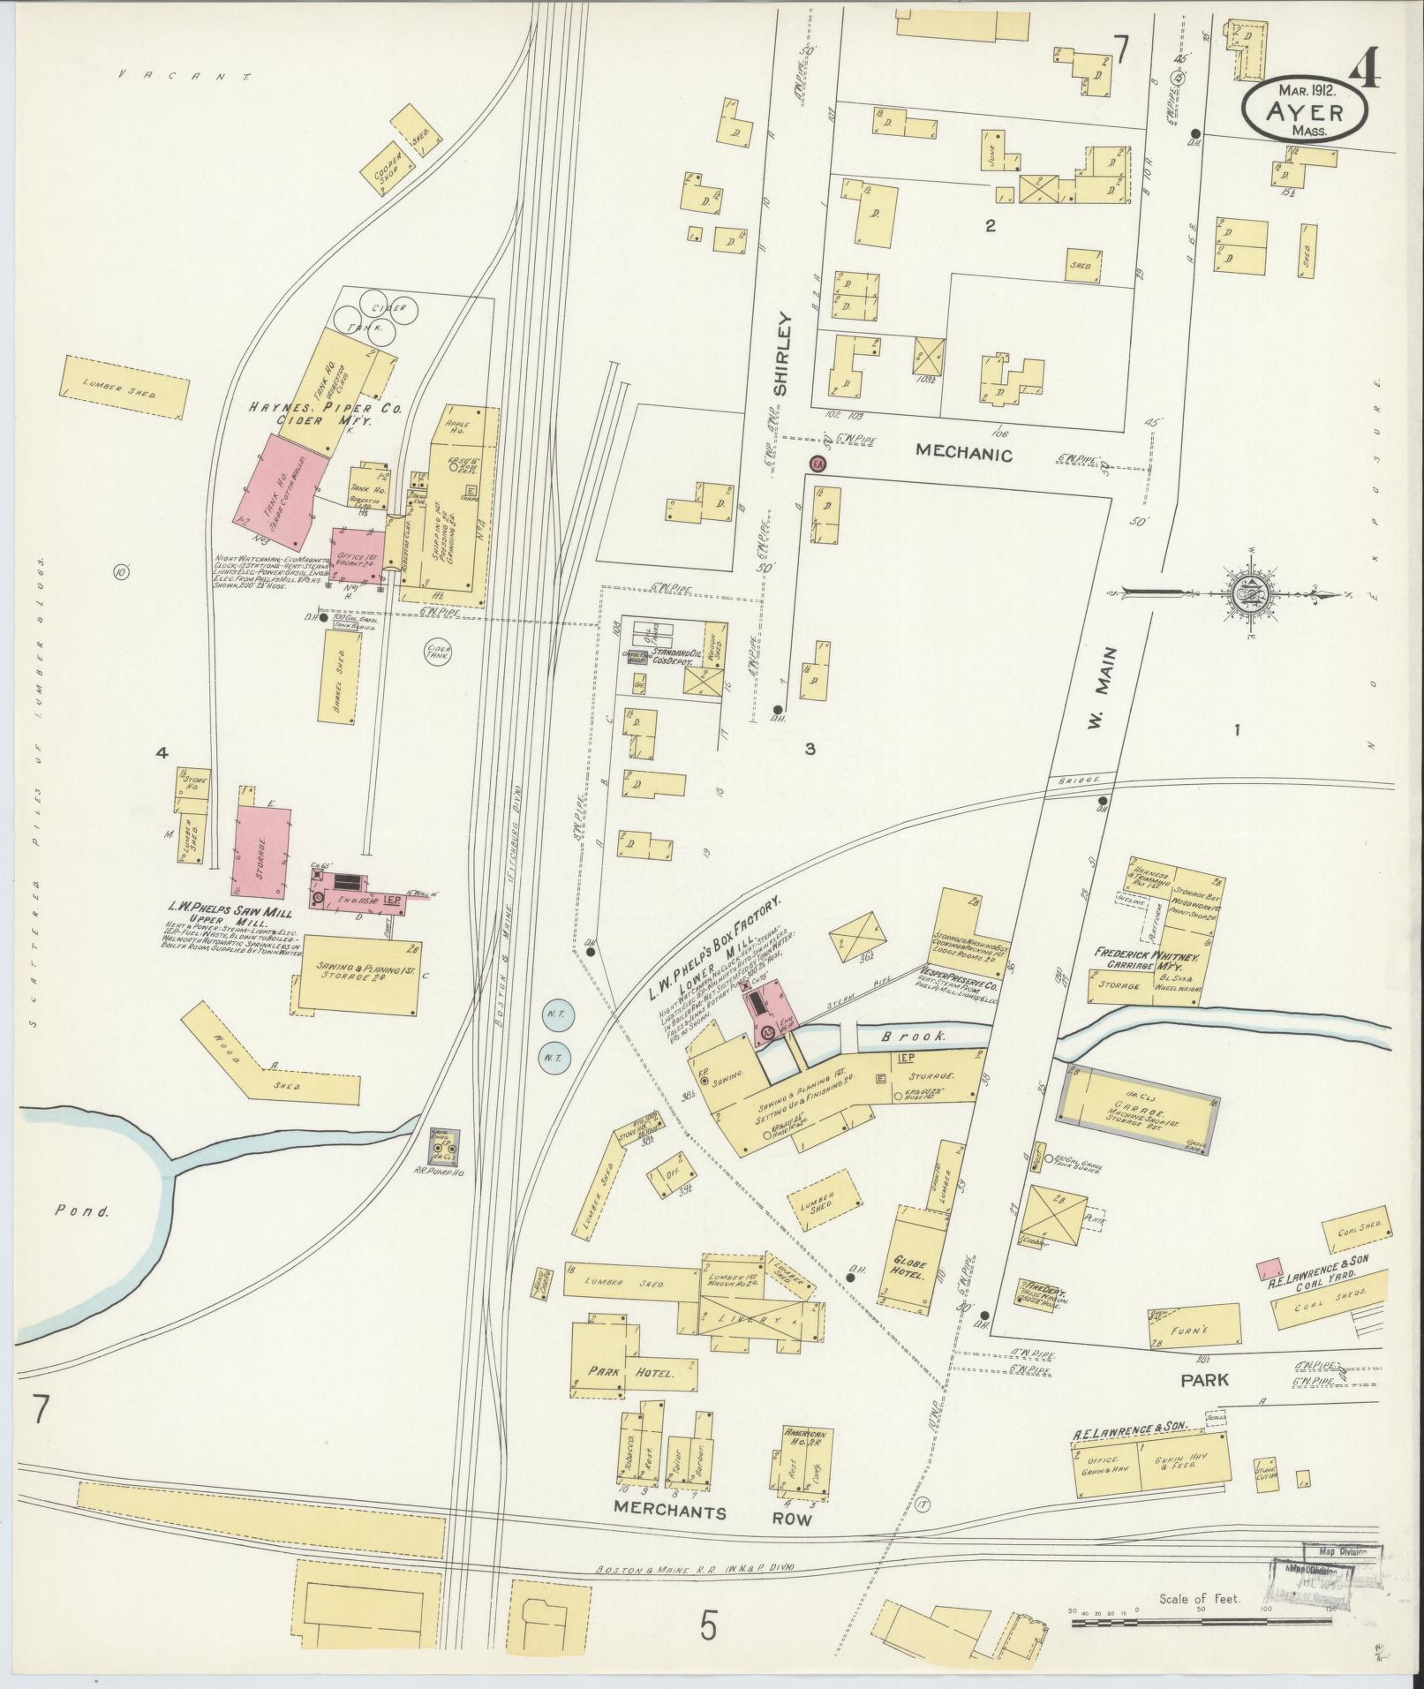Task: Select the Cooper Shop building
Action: point(388,170)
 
